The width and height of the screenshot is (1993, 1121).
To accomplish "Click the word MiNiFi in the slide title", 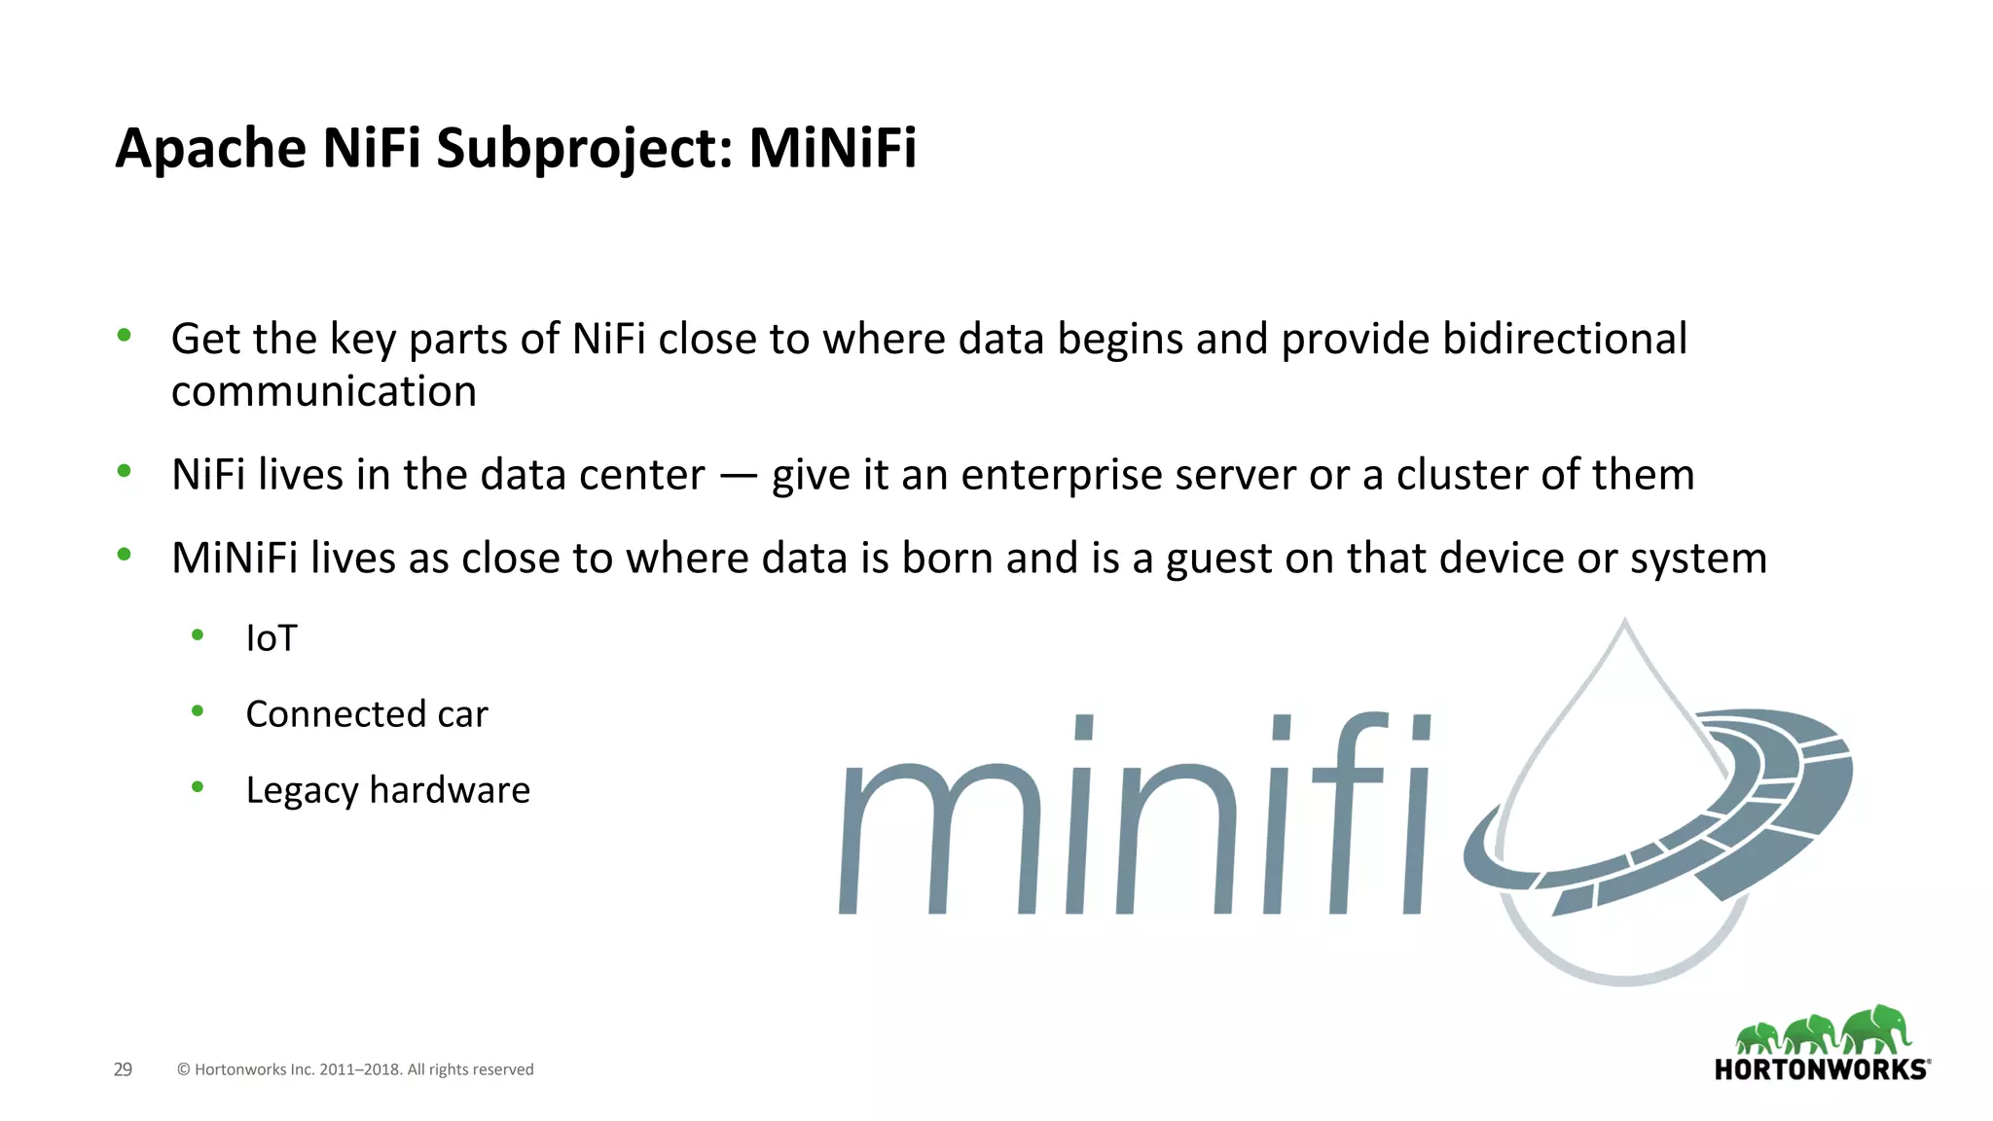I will coord(832,148).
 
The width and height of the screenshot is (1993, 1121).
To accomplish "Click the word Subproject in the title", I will coord(583,148).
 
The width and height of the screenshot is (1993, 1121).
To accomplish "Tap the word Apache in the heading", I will coord(211,148).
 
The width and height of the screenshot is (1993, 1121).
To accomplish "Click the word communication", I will coord(324,391).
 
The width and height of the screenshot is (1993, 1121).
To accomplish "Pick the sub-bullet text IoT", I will coord(272,638).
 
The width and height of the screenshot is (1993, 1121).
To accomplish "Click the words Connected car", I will coord(367,714).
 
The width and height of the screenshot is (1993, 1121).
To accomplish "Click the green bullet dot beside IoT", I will coord(198,635).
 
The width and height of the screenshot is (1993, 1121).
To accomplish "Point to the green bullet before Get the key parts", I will coord(124,336).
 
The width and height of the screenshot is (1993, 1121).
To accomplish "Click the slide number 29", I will coord(123,1069).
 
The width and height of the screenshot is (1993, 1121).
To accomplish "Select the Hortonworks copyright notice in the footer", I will coord(355,1069).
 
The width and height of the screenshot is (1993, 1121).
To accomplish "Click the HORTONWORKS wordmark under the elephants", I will coord(1821,1069).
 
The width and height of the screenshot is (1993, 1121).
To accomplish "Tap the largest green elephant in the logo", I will coord(1875,1030).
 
